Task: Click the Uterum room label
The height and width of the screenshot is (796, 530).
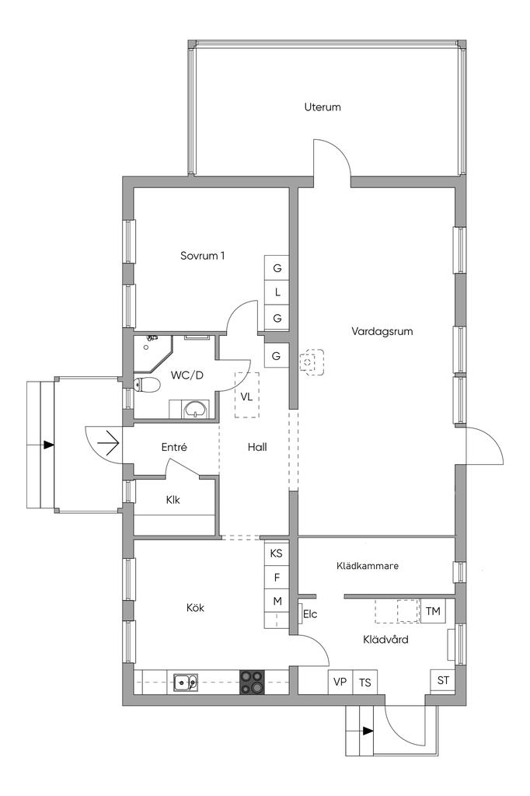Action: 323,107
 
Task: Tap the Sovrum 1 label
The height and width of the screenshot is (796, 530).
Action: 202,255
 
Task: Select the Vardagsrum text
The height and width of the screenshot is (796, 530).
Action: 382,331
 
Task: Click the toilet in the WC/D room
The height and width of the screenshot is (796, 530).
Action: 147,386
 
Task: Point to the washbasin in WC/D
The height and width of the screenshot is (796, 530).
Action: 196,409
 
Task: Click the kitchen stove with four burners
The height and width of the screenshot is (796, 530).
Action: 253,682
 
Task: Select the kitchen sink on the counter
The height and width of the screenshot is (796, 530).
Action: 186,683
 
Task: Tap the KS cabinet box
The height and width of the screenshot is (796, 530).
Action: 276,553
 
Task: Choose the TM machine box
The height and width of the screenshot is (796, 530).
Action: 433,611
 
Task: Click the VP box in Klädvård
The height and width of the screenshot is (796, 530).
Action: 340,682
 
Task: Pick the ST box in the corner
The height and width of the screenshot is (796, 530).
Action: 443,680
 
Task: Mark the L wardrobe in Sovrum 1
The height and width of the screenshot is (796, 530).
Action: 277,292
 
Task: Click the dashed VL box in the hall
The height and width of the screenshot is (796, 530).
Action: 246,396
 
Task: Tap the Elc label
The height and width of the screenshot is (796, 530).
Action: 310,614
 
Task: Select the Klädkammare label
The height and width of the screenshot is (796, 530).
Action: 368,566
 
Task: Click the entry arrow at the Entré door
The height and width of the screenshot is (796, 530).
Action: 108,444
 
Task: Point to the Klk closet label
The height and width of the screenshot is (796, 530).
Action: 173,500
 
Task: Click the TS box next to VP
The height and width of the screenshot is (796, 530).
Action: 365,682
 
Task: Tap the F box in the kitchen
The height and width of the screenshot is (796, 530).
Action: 277,578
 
